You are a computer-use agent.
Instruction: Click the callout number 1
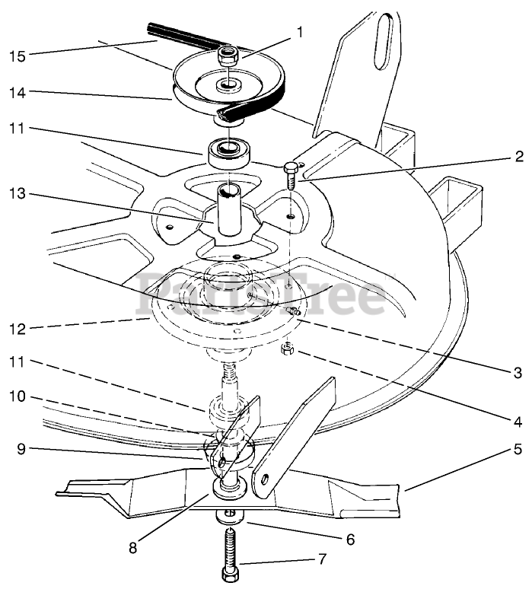point(300,32)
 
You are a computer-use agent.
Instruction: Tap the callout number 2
point(518,158)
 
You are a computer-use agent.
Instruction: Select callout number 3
point(517,373)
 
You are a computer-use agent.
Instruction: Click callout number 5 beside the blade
point(517,449)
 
